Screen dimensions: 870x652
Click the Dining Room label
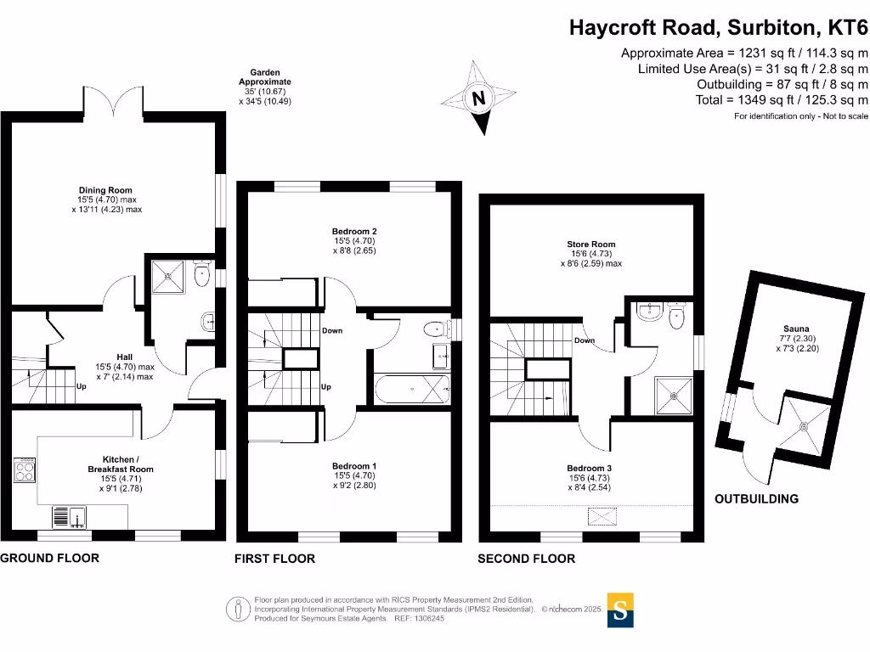pos(105,190)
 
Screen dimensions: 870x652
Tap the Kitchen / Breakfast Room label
pos(121,464)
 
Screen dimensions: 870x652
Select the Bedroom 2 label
pos(354,231)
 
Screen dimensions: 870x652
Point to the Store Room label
pos(591,244)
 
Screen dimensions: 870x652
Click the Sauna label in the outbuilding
pos(796,329)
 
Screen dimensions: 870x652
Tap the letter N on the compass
pos(478,98)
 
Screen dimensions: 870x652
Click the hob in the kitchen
pos(25,469)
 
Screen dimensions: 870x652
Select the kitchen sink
pos(70,517)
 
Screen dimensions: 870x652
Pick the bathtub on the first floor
pos(412,389)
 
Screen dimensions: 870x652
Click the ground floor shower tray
pos(168,277)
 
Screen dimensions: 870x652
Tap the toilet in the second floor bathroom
pos(677,316)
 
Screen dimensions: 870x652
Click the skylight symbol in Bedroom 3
pos(602,517)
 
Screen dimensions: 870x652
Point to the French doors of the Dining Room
pos(113,102)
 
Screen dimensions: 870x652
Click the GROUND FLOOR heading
pos(50,558)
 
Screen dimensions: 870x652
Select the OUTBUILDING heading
pos(756,499)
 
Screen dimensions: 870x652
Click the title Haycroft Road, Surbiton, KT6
pos(719,27)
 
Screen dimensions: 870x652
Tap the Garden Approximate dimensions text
pos(265,87)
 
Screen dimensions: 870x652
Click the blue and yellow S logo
pos(620,610)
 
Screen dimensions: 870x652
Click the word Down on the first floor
pos(332,330)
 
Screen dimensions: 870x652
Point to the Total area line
pos(782,100)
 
